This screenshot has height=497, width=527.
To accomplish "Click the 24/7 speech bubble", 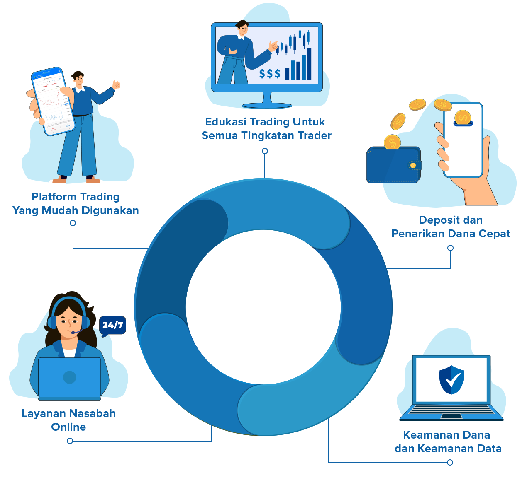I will [x=112, y=325].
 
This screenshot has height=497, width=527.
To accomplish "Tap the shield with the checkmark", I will [x=451, y=380].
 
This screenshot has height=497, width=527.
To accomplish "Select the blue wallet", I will [x=393, y=165].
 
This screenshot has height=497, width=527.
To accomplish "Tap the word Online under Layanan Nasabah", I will [x=68, y=427].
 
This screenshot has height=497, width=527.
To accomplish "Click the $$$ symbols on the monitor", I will [x=270, y=74].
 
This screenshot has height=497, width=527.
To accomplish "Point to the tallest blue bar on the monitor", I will [x=309, y=64].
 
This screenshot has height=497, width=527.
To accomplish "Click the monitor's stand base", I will [x=267, y=106].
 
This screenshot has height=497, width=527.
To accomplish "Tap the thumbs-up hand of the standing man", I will [x=116, y=85].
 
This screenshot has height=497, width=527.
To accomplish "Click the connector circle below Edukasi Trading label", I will [x=265, y=151].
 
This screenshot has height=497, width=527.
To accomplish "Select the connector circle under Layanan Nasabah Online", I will [x=70, y=441].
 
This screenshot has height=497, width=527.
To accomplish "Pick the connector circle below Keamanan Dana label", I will [x=450, y=462].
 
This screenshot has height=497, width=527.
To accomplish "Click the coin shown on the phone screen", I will [x=462, y=118].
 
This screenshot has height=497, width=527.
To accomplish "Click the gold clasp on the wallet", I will [x=413, y=166].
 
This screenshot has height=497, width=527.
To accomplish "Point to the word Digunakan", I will [x=110, y=210].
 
